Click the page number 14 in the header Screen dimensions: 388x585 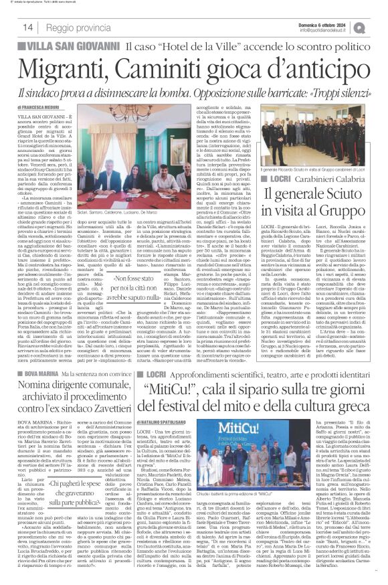pos(29,27)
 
